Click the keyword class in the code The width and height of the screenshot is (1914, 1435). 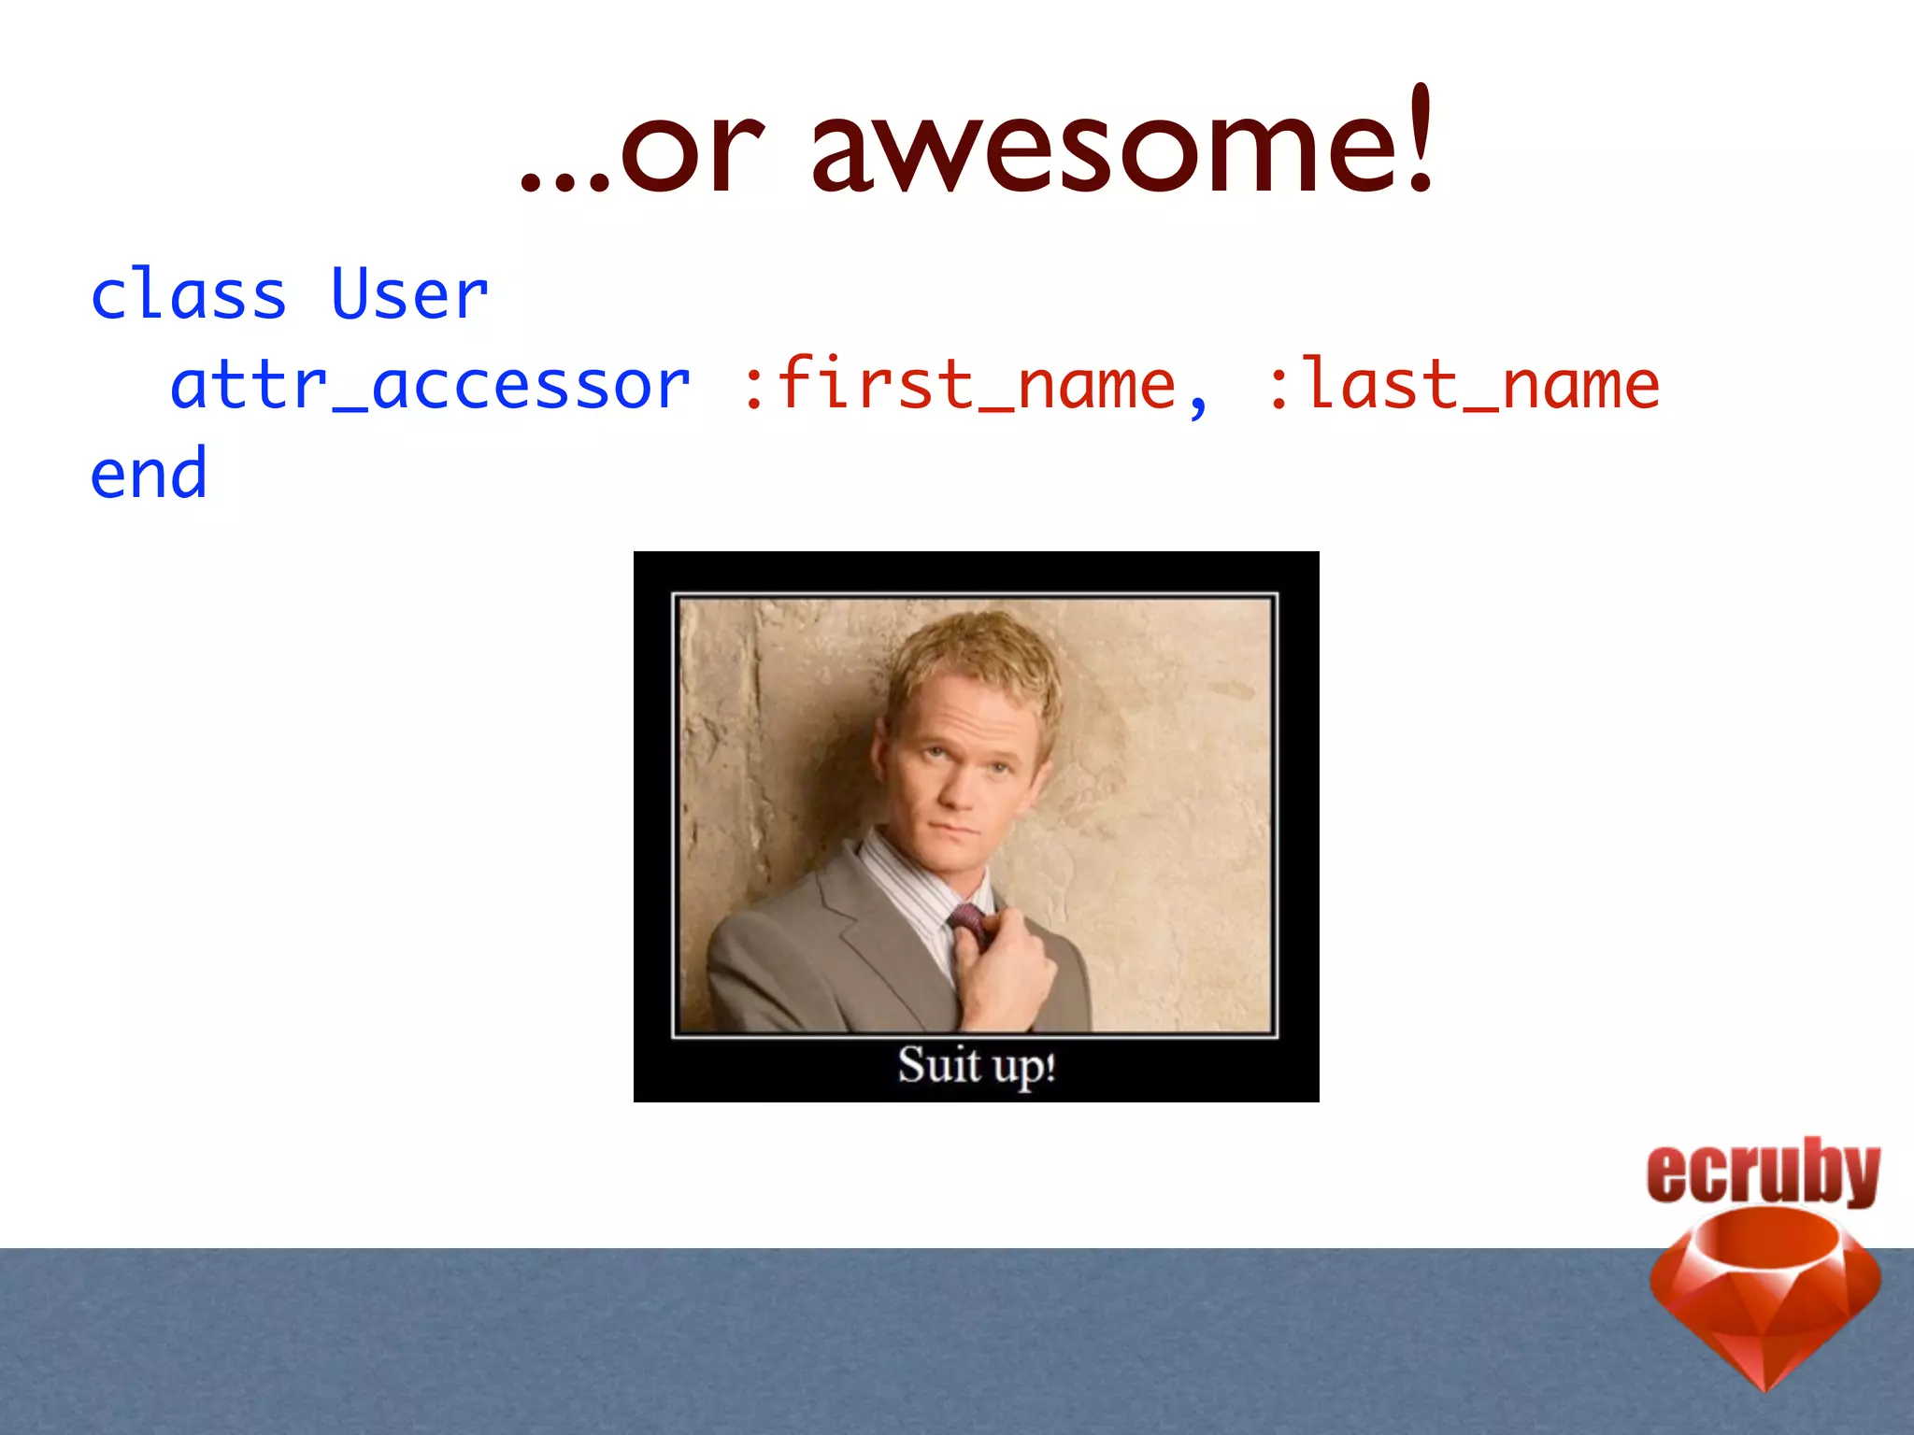[188, 295]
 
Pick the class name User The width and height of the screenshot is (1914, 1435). [409, 295]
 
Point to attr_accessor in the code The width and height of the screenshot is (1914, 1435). [430, 385]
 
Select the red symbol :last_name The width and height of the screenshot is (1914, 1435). [1463, 385]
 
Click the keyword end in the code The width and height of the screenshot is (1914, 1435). [149, 475]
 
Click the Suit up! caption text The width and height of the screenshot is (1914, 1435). [977, 1065]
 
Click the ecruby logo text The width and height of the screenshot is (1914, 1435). [1763, 1172]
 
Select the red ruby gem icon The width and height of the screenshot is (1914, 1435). [1764, 1294]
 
